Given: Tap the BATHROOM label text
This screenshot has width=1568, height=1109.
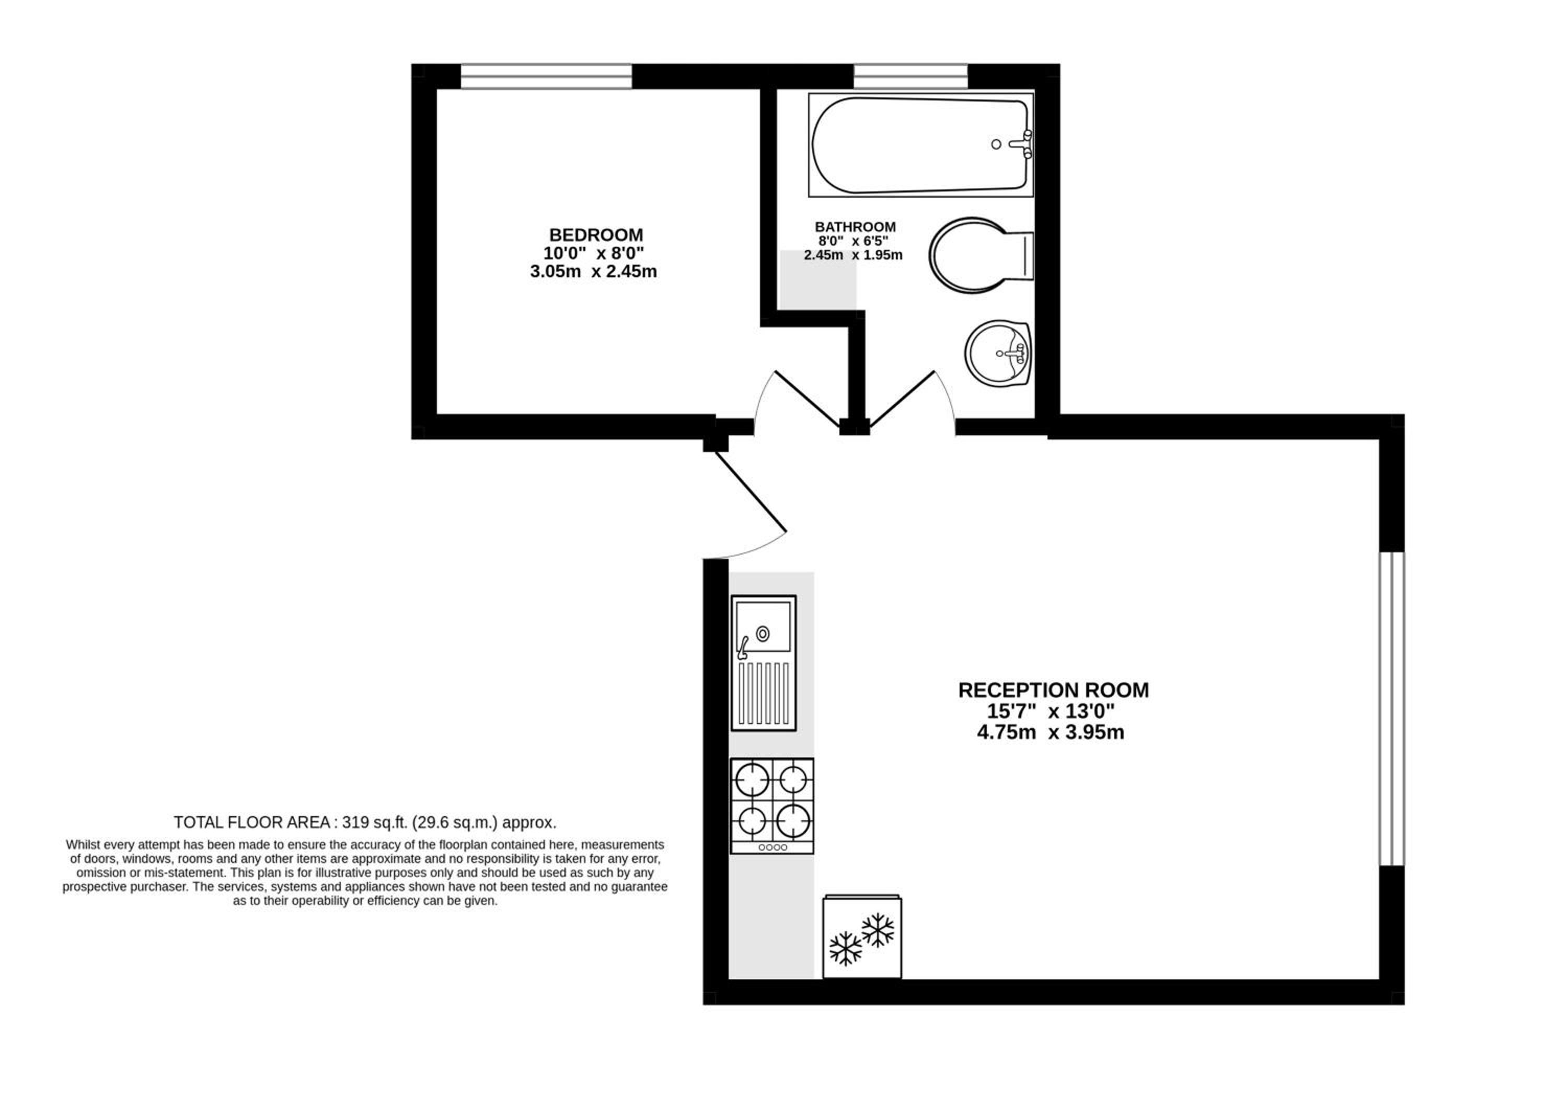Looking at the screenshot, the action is pos(855,226).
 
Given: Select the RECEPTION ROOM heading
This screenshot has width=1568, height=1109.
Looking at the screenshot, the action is pos(1053,690).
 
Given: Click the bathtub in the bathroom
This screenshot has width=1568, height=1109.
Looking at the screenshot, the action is pos(920,145).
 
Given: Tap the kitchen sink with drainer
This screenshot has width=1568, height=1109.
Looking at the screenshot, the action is pos(764,663).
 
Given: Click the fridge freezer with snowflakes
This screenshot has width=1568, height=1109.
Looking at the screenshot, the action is pos(862,937).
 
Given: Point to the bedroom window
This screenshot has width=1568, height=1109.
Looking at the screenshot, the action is pos(546,76).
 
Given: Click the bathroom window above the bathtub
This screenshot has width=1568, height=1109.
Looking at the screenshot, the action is pos(910,76).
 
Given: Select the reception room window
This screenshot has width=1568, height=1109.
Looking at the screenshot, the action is pos(1392,709).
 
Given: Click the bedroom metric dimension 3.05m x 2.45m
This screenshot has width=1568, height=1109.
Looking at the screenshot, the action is pos(593,272).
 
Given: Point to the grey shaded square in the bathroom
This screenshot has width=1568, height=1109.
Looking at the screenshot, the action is pos(818,279).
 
